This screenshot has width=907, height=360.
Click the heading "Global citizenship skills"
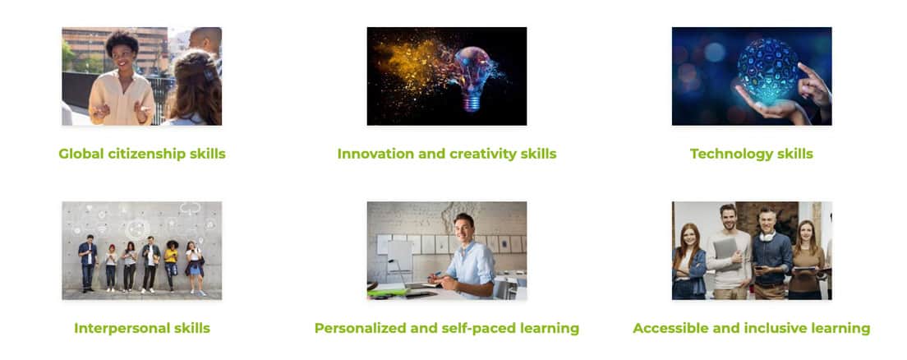tap(141, 154)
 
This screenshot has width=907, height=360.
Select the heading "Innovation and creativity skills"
tap(447, 154)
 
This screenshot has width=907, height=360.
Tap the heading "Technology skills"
tap(752, 154)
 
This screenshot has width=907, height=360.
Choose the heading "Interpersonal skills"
tap(141, 328)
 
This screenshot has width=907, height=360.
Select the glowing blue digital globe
tap(767, 72)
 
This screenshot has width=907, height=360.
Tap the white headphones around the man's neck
tap(767, 236)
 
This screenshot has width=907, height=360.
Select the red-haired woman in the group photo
tap(689, 261)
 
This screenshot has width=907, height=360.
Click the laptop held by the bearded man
tap(725, 251)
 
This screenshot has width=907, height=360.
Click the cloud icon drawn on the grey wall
tap(190, 207)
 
